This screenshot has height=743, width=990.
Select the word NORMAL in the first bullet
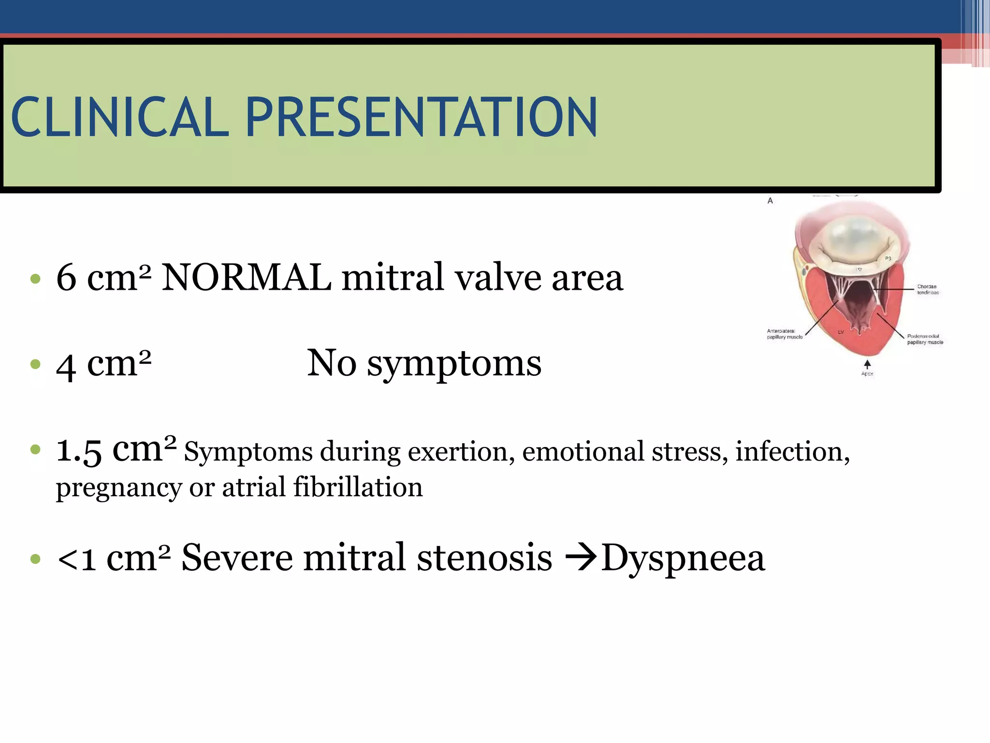(246, 278)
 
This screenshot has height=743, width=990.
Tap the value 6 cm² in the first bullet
(103, 278)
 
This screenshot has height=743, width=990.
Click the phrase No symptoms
(424, 363)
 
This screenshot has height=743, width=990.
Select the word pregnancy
(118, 488)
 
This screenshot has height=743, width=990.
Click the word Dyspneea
(683, 558)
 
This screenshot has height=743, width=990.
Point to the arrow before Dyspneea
(581, 558)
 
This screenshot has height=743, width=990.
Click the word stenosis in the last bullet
(484, 558)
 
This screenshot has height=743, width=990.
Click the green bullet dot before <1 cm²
(35, 559)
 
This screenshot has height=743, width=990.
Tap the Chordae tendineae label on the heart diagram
(928, 289)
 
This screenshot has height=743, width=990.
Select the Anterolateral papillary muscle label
(784, 334)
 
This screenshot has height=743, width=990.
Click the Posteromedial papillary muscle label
(924, 339)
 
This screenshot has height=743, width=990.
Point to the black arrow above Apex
(867, 364)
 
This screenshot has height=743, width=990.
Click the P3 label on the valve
(888, 259)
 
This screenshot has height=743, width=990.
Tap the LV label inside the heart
(841, 332)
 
